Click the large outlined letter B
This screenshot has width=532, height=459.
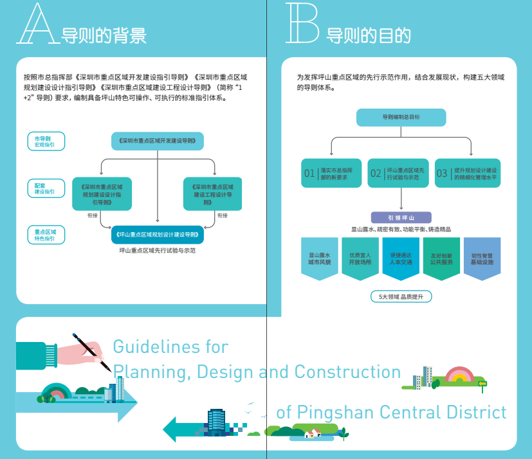302,24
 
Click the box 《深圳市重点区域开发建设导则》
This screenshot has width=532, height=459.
158,141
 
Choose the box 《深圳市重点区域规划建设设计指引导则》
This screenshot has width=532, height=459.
102,194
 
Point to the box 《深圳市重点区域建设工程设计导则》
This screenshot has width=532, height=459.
212,194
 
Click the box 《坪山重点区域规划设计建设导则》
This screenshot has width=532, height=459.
158,235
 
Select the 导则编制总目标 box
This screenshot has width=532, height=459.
401,118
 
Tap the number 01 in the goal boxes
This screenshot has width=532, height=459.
309,173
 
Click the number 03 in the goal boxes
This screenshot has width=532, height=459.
442,173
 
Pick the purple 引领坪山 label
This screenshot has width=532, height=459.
401,217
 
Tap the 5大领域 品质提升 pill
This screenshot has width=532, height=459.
401,296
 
